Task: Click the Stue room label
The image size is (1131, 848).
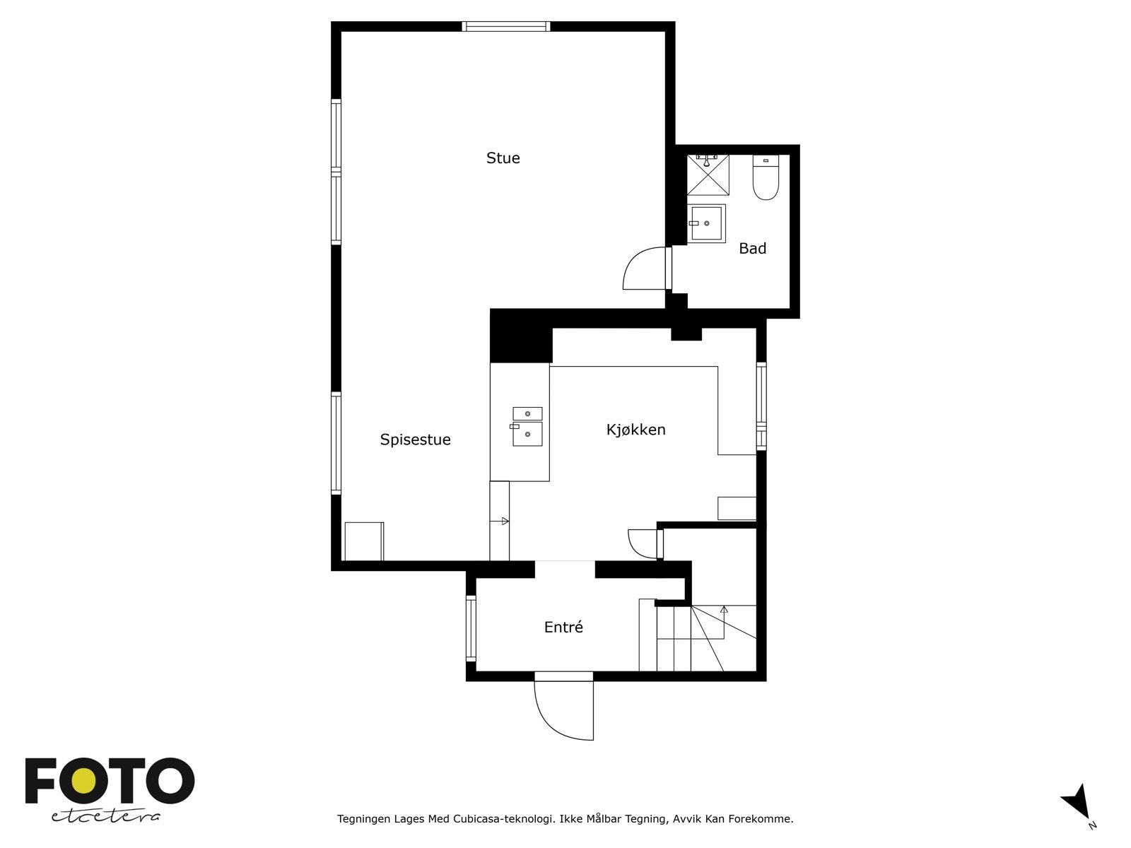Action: (503, 158)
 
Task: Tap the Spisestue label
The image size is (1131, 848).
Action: (415, 440)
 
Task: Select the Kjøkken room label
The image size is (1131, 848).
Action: (635, 430)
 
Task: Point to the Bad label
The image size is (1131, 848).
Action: (752, 249)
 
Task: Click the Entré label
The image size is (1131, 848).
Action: (563, 628)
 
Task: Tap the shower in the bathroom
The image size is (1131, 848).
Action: (708, 175)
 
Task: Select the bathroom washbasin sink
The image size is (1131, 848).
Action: (707, 223)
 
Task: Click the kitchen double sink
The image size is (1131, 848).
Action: (527, 427)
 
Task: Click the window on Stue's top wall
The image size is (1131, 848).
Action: (506, 27)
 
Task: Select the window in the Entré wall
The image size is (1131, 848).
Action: (471, 629)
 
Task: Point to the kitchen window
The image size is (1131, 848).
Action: (761, 406)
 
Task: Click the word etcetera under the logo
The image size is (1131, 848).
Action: (106, 816)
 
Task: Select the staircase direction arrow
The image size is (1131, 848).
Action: (724, 608)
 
